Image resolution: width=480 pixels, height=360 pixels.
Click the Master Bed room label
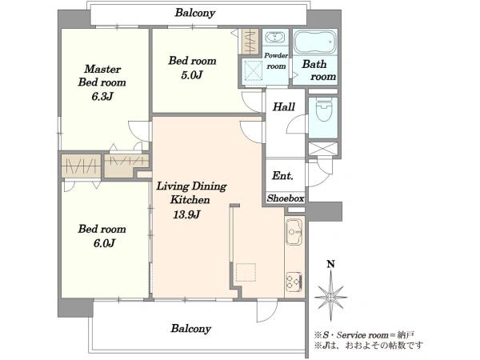[102, 76]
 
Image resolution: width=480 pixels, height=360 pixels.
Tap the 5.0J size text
[192, 75]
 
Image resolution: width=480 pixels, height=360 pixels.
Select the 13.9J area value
[186, 214]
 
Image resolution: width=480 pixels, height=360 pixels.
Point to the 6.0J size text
[104, 243]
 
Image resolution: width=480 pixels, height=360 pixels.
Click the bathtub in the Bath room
[315, 42]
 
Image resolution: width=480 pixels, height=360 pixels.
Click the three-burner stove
[294, 282]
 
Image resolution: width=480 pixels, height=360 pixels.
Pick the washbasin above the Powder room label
[275, 38]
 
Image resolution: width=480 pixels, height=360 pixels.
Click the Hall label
[284, 107]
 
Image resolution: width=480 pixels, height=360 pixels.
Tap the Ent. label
[282, 176]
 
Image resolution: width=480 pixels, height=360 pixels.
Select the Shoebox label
[286, 198]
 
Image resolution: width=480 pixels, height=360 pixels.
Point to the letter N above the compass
[330, 264]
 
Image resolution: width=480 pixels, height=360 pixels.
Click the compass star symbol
[330, 296]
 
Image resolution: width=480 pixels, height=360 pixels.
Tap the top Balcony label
[195, 13]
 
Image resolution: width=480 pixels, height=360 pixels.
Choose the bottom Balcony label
[191, 329]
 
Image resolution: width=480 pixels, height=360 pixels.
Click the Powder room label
[276, 61]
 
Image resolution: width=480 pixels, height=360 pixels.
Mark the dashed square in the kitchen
[246, 272]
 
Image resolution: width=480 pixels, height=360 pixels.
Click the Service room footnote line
[364, 335]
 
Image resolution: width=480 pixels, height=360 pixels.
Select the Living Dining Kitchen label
[191, 193]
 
